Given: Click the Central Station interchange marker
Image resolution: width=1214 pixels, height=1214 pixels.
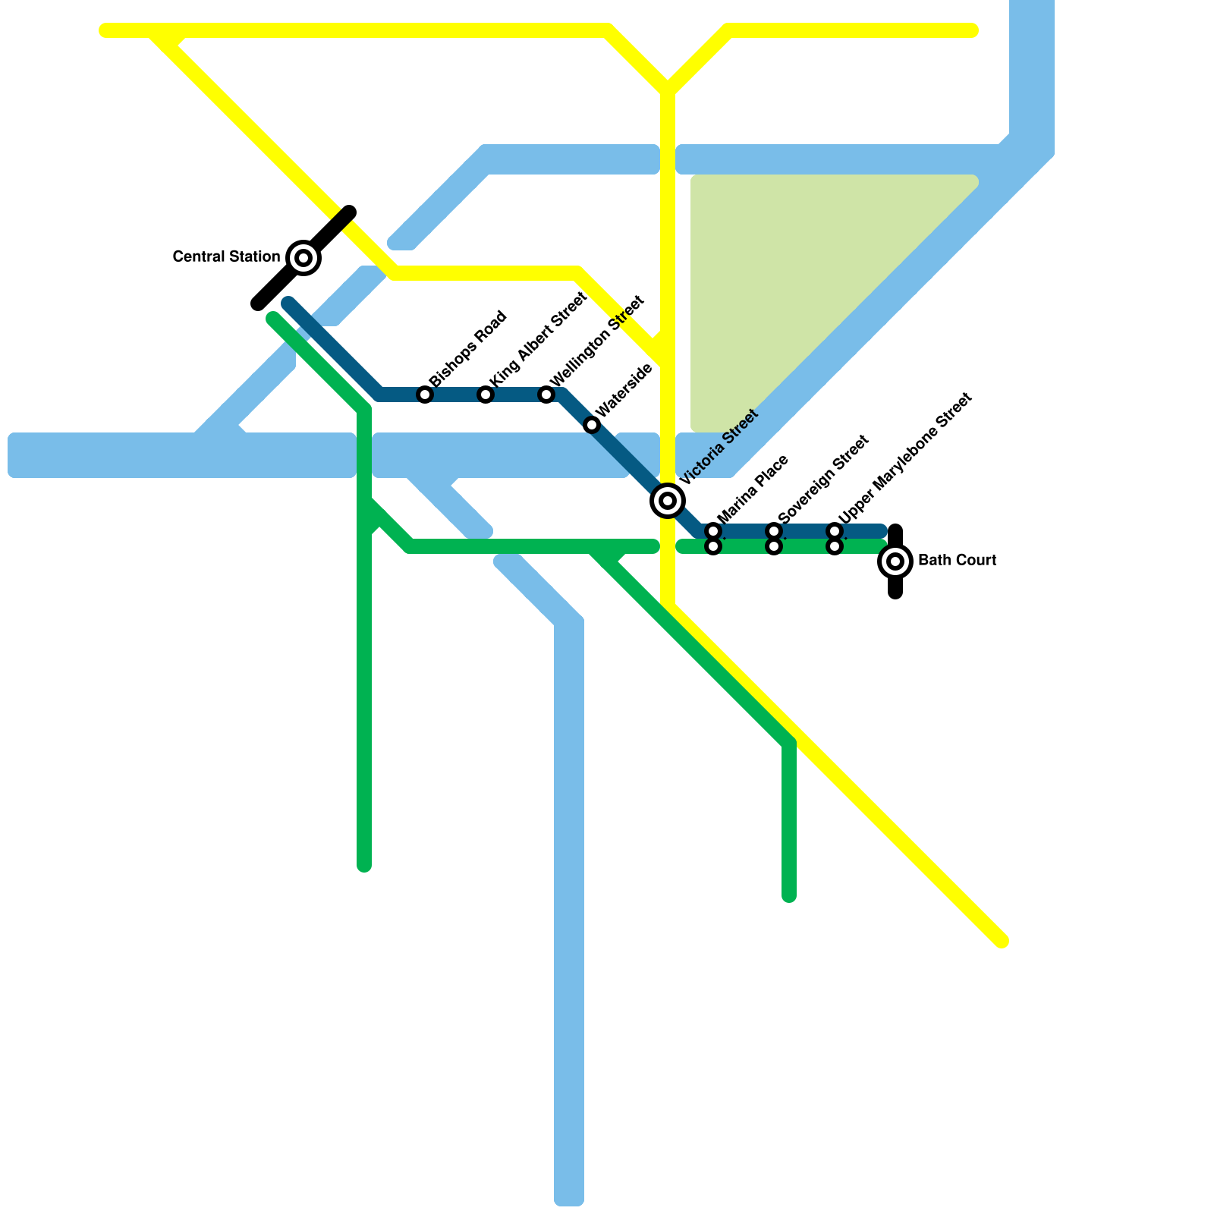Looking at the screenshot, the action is (303, 258).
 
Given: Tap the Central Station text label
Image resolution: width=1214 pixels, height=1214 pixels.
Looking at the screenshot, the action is (226, 257).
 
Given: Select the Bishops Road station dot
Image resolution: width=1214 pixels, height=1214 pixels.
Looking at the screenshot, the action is (425, 395).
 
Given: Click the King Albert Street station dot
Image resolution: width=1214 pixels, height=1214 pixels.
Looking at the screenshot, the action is (486, 395).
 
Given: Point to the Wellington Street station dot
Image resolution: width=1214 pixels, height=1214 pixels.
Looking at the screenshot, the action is (546, 395).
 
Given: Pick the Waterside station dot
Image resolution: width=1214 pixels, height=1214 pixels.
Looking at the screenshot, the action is (592, 425).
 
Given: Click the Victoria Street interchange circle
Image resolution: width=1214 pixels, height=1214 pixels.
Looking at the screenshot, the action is (668, 501).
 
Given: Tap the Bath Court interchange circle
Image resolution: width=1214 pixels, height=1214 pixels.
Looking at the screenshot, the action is (895, 561).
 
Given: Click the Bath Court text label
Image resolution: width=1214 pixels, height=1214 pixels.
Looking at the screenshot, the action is (957, 561).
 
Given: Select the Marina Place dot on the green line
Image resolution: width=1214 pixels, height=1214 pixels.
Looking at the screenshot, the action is (713, 546).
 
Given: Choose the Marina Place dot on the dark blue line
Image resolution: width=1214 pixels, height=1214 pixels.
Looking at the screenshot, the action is (713, 530).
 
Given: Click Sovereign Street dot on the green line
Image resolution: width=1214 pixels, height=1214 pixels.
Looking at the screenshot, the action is (774, 546).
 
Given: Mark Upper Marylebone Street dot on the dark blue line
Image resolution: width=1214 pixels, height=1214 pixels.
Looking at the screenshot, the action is (835, 530).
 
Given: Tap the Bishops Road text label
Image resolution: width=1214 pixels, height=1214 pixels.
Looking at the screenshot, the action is (467, 348).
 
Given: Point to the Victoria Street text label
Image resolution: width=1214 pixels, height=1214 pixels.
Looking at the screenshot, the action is (719, 447).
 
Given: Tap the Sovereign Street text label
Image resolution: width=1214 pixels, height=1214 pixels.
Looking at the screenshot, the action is (822, 479).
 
